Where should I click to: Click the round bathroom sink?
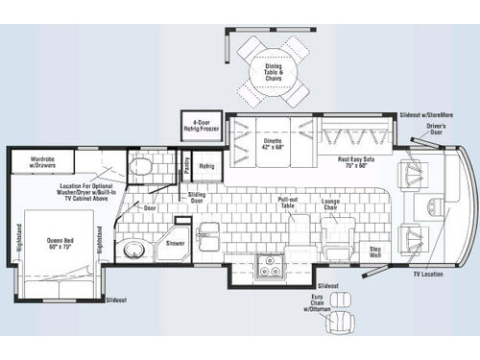[132, 252]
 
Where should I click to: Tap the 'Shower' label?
[176, 244]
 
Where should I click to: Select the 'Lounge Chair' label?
[329, 204]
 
